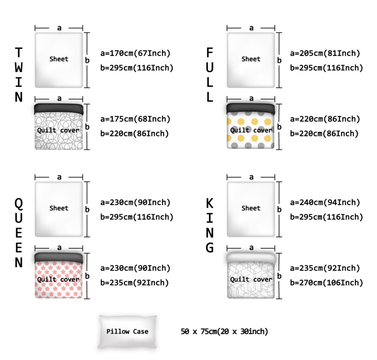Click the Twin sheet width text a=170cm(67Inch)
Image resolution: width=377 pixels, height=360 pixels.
135,54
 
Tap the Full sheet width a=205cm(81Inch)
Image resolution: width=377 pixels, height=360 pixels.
325,54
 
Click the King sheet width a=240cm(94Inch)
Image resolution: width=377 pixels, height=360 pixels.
325,203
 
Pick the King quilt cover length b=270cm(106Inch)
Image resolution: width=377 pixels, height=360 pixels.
327,283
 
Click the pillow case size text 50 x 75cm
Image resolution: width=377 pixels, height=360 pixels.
224,331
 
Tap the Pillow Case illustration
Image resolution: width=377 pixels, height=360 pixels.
127,332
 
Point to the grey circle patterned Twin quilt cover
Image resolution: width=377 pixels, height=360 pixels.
59,127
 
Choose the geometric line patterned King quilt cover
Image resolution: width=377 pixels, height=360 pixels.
251,277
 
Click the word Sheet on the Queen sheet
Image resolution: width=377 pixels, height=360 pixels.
59,208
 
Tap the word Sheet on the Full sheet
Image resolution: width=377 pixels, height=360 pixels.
251,59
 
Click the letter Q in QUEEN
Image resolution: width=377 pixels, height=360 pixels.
18,203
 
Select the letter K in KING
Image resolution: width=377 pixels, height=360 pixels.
210,203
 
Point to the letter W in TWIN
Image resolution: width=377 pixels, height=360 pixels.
18,68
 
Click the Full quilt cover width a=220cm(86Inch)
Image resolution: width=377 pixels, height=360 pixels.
325,119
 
